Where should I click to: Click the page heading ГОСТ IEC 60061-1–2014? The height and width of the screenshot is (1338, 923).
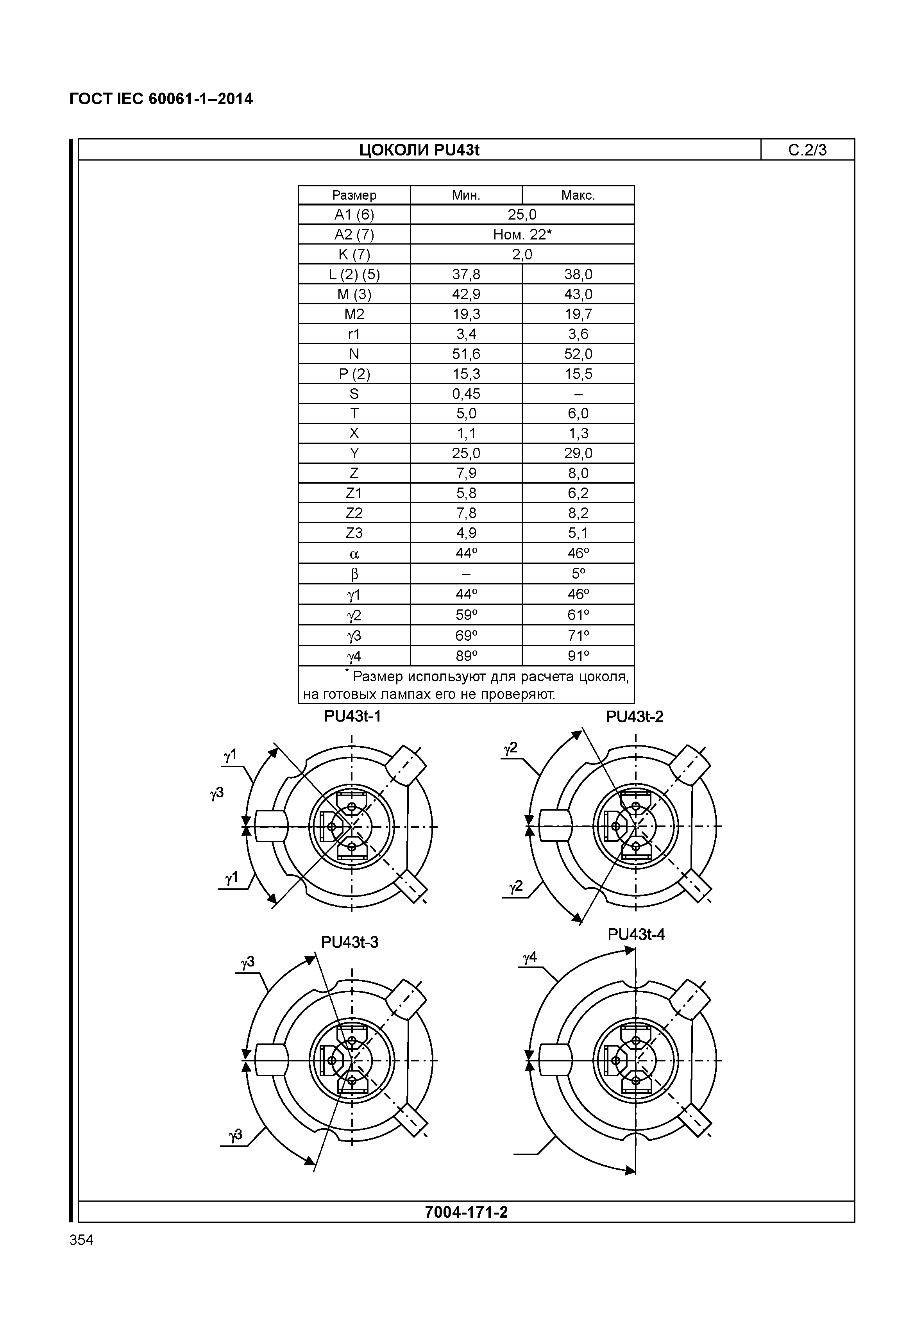[x=161, y=100]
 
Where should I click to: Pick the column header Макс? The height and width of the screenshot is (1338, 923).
[x=578, y=195]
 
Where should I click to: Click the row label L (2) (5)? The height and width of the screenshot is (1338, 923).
[x=354, y=275]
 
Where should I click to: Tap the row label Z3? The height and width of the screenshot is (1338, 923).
[x=354, y=532]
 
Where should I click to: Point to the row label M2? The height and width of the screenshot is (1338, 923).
[x=354, y=314]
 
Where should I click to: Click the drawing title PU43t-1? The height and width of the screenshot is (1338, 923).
[x=352, y=716]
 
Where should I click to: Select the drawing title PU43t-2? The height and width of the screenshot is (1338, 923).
[x=635, y=717]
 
